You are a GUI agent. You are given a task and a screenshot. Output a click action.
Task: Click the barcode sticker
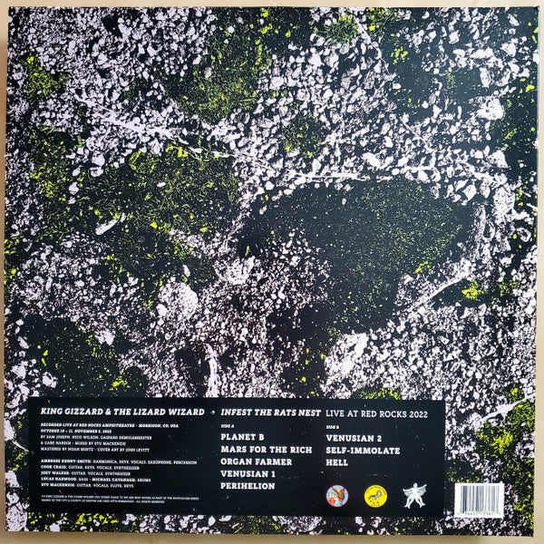pos(479,498)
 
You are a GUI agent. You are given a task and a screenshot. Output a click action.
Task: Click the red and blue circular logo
pos(336,496)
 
